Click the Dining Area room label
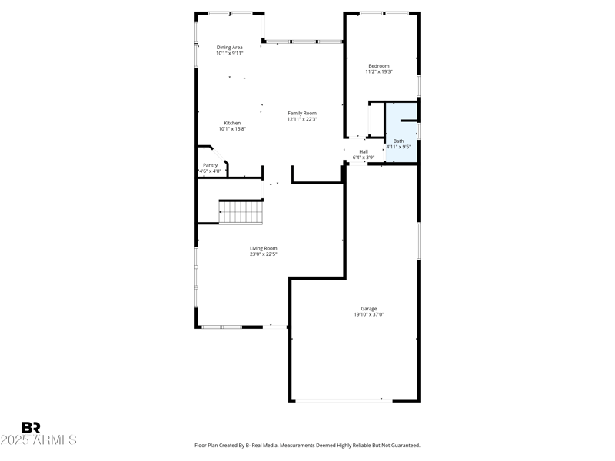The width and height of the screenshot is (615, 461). click(x=229, y=48)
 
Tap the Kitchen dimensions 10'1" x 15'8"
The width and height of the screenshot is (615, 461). click(x=232, y=129)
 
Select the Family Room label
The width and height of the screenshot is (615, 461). click(x=302, y=113)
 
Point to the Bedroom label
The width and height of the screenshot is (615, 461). click(x=379, y=65)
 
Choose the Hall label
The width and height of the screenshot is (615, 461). click(x=364, y=151)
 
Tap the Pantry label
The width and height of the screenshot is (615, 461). click(x=210, y=165)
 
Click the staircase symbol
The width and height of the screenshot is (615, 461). click(x=241, y=211)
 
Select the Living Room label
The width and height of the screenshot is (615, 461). click(x=263, y=248)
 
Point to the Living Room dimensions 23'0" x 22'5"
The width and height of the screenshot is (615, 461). click(x=263, y=254)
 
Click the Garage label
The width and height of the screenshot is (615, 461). click(x=369, y=308)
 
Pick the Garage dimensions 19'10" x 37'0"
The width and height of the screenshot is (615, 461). click(x=369, y=314)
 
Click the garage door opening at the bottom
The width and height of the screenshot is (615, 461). click(x=343, y=400)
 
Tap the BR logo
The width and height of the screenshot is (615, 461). click(x=31, y=427)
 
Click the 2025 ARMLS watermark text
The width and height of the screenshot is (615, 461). click(x=38, y=440)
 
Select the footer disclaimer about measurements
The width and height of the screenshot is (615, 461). click(x=307, y=445)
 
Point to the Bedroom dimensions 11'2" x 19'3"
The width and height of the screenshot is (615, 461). click(x=379, y=71)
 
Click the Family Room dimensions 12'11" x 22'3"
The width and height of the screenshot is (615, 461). click(x=302, y=119)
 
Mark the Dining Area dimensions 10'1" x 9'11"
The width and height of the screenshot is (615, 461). click(x=229, y=54)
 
